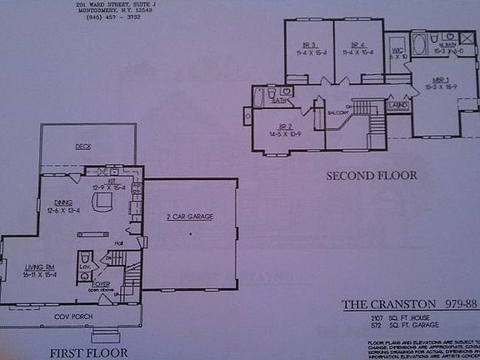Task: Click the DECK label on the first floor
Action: pos(83,147)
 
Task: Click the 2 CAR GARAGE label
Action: pos(190,217)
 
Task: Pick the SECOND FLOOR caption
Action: pos(371,176)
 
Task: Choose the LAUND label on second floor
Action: pos(397,106)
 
